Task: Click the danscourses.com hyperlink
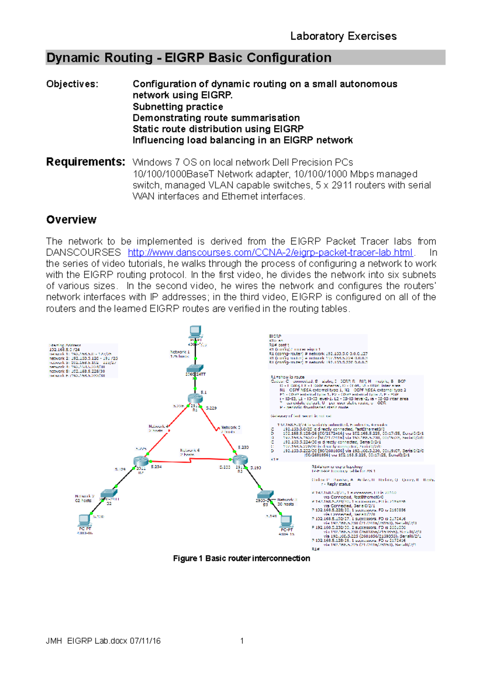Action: click(x=270, y=253)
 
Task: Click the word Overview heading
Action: click(x=71, y=220)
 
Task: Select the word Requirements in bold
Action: click(x=85, y=162)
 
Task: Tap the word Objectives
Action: click(x=72, y=84)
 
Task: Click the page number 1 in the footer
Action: click(x=242, y=641)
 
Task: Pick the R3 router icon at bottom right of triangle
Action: click(x=240, y=460)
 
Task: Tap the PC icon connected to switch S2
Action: click(x=85, y=520)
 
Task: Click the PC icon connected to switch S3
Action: click(x=286, y=521)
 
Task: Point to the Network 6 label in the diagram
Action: click(x=190, y=450)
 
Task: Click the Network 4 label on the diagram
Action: click(x=158, y=426)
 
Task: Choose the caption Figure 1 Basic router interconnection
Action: click(x=242, y=558)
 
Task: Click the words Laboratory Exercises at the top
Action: click(x=343, y=36)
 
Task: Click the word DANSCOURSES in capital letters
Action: click(x=83, y=253)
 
